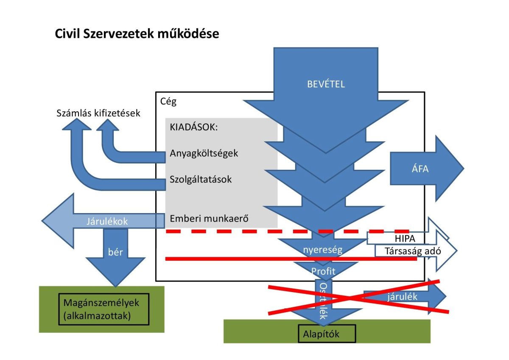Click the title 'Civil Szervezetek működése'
[x=137, y=34]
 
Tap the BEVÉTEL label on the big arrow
[x=326, y=84]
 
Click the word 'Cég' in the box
[x=169, y=101]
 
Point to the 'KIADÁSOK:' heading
[x=193, y=127]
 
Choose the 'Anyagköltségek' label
[x=204, y=153]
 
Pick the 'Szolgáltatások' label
[x=201, y=179]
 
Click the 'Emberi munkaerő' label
[x=209, y=219]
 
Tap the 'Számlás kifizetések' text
[x=98, y=113]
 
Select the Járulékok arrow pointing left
[x=102, y=221]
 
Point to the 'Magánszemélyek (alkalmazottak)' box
[x=103, y=309]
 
